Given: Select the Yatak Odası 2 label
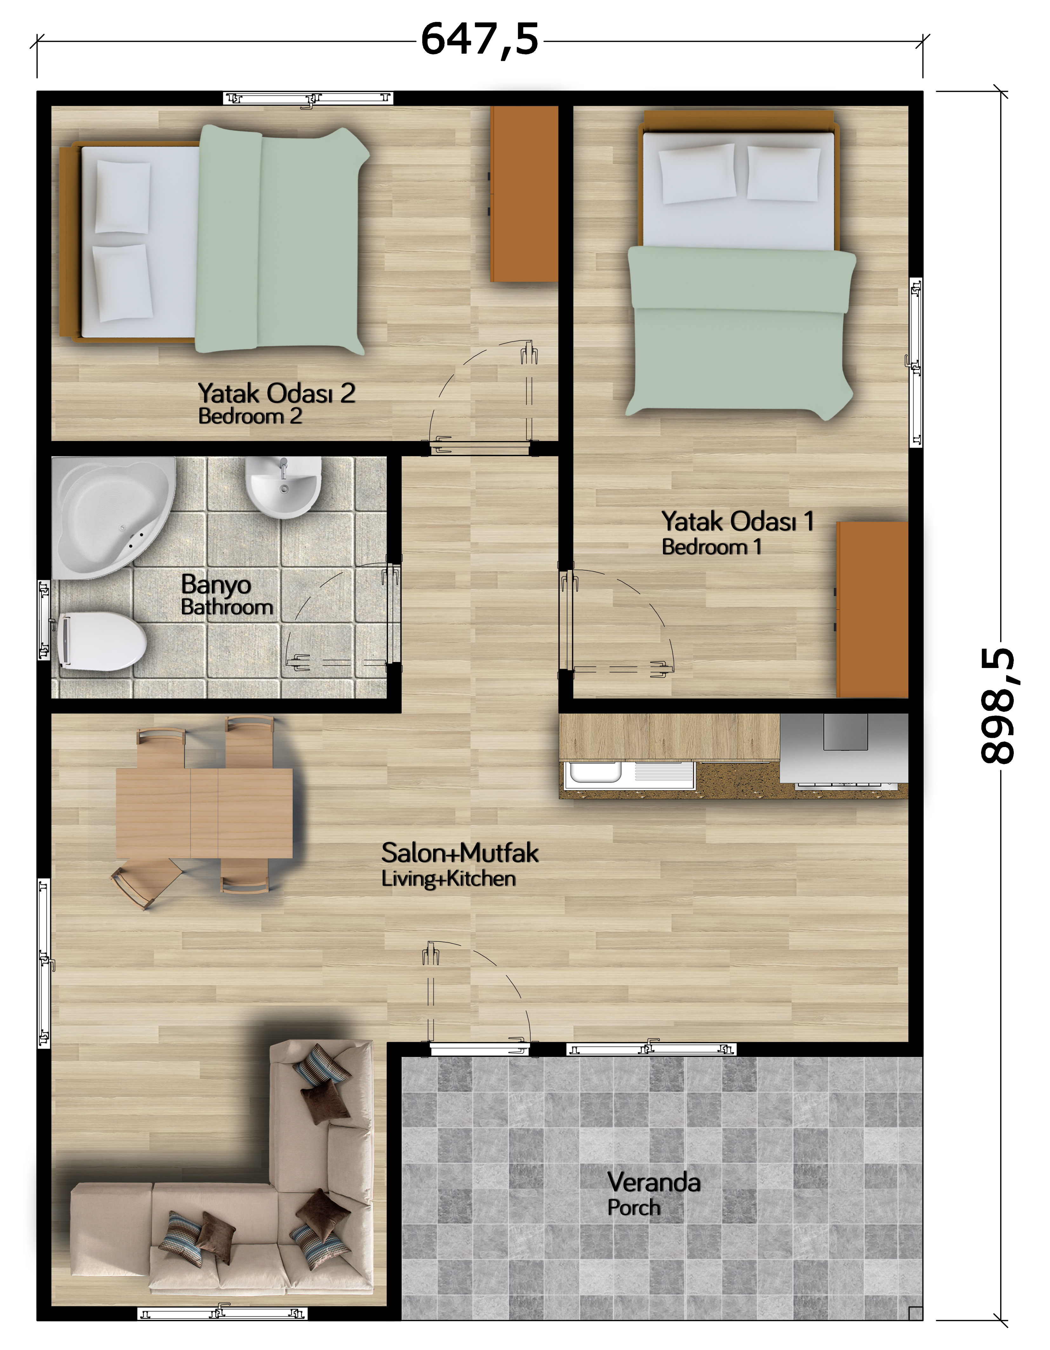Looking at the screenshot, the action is click(x=276, y=393).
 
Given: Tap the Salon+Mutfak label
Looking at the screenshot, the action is click(x=460, y=853).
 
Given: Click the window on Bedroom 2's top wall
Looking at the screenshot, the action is click(x=308, y=98).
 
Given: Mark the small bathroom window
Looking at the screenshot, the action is click(x=44, y=620).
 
